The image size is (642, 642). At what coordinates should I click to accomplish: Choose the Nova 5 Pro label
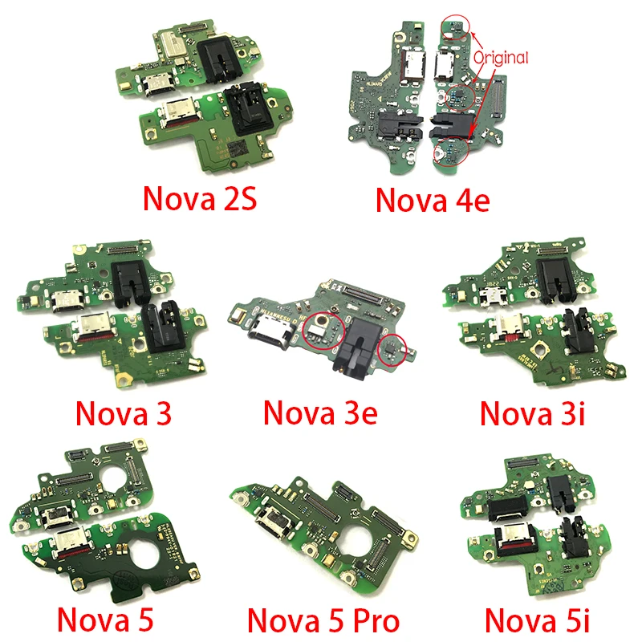[x=323, y=620]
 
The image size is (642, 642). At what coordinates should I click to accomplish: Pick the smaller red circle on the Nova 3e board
[x=392, y=349]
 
